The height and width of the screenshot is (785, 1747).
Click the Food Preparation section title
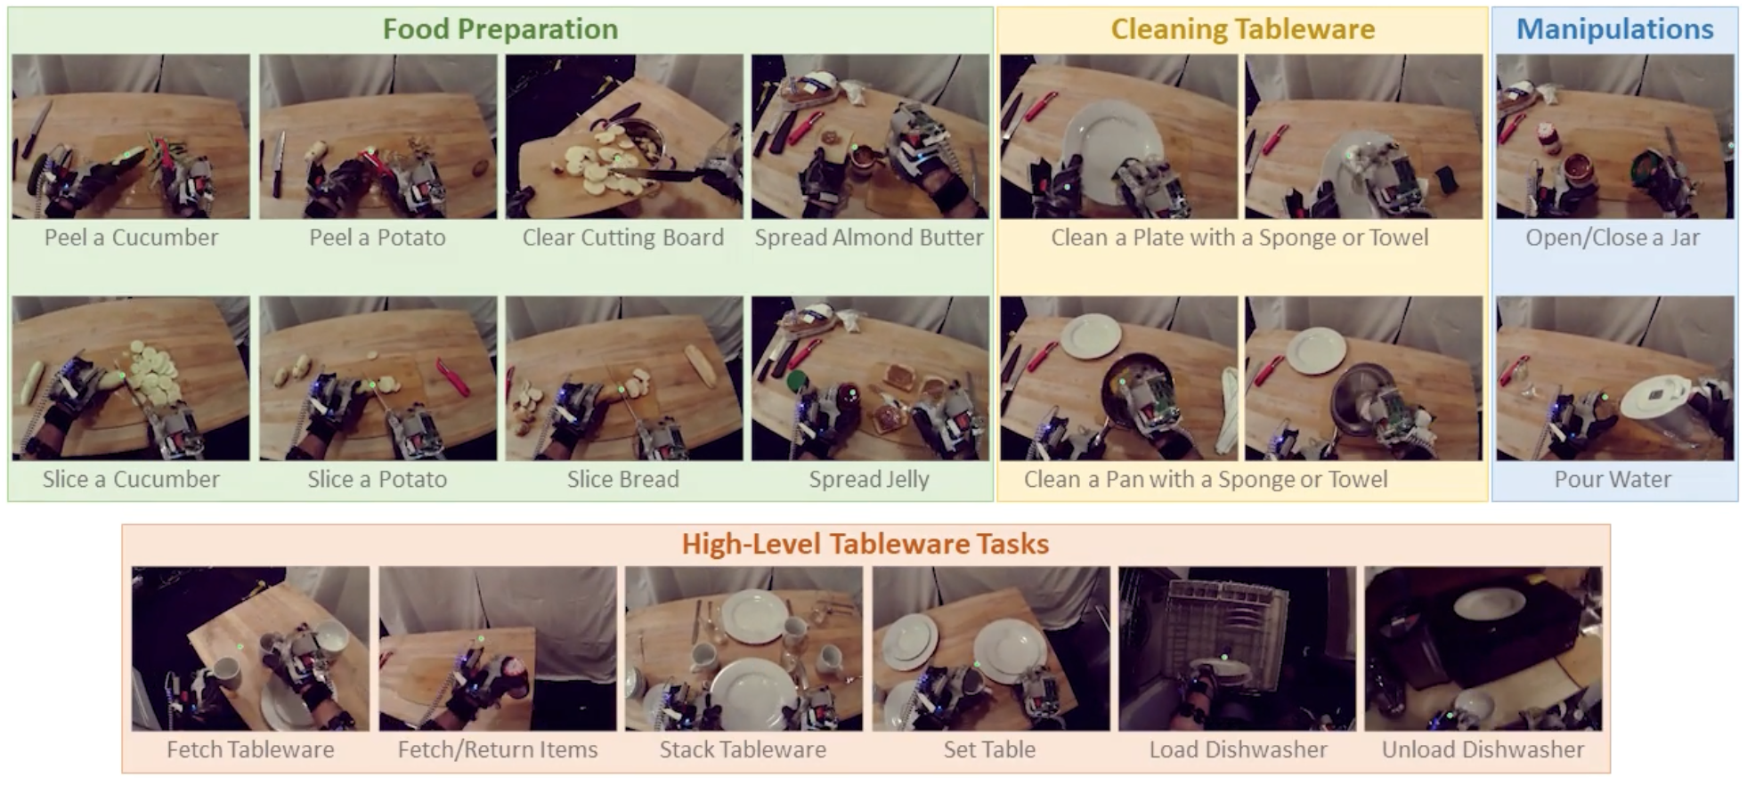500,29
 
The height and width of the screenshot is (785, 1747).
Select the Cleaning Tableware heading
1242,29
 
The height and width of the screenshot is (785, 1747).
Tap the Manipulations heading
1614,29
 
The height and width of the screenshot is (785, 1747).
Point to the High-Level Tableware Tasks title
865,544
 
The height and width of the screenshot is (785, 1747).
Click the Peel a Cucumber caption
131,238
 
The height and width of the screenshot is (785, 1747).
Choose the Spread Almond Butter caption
869,238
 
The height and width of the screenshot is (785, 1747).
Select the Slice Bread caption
623,480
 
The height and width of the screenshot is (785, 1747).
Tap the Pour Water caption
1613,480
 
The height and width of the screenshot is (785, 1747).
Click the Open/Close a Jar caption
1613,238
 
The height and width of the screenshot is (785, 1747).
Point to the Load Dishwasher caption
1238,749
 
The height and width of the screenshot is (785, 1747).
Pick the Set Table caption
989,749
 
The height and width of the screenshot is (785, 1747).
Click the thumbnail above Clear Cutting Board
624,136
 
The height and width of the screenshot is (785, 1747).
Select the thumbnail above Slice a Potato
378,378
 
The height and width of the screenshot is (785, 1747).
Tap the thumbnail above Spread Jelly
870,378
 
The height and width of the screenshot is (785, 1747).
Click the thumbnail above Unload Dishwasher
1483,649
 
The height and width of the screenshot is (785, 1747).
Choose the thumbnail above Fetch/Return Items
498,649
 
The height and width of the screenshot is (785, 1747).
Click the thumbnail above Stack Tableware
743,649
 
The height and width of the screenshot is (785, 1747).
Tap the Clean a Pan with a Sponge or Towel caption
1206,480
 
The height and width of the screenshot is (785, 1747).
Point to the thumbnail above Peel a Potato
378,136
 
